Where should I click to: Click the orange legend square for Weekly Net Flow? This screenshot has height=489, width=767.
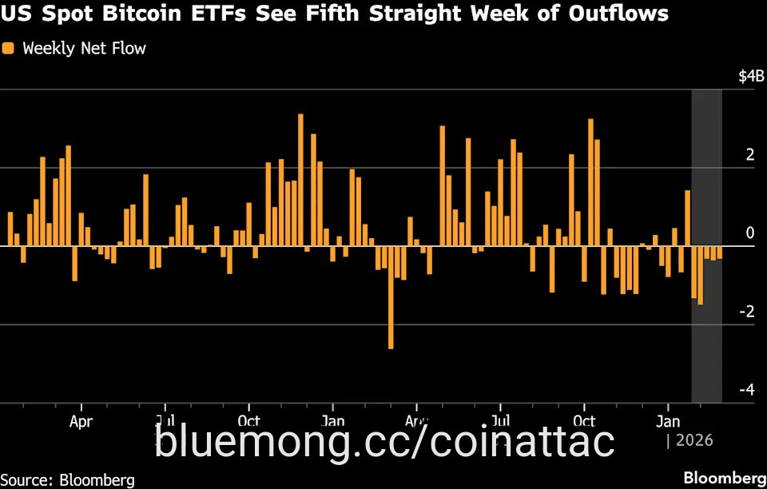coord(9,49)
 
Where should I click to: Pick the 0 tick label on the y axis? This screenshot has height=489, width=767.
coord(749,233)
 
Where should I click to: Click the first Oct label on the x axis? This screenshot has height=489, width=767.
coord(249,420)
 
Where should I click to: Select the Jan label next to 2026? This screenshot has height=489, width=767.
coord(669,420)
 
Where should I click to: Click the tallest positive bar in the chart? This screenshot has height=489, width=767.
coord(300,180)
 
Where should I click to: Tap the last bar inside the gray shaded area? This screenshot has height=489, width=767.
coord(719,252)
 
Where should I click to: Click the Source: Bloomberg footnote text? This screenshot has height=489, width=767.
coord(68,479)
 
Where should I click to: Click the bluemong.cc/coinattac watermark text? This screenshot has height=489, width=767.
coord(384,440)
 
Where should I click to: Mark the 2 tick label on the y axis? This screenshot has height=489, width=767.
coord(749,155)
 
